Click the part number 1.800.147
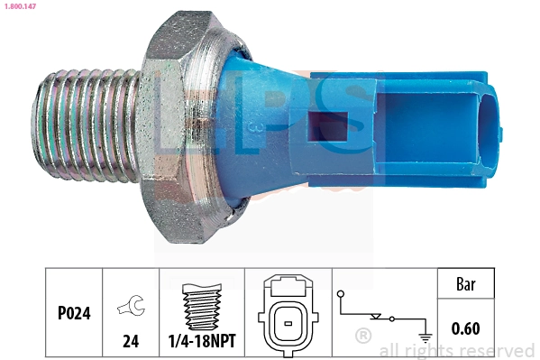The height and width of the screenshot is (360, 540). point(19,6)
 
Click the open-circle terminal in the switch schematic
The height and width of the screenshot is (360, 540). point(341,294)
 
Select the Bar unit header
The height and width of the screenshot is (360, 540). point(466,286)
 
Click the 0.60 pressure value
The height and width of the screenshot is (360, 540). point(466,328)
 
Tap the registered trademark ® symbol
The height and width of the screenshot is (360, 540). point(363,336)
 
